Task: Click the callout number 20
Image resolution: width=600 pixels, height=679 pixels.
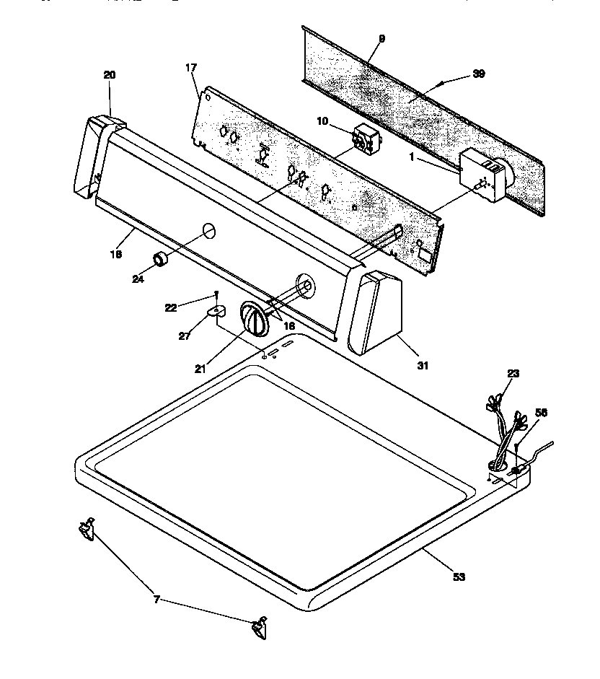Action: pos(109,74)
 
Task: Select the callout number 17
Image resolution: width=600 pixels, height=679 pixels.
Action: pos(190,68)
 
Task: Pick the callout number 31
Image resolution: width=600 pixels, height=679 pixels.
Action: pos(423,366)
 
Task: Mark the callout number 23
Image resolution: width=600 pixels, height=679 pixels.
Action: pos(513,373)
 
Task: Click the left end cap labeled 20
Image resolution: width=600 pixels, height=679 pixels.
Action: pos(91,159)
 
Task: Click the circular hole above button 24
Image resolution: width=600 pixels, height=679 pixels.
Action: pos(207,230)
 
